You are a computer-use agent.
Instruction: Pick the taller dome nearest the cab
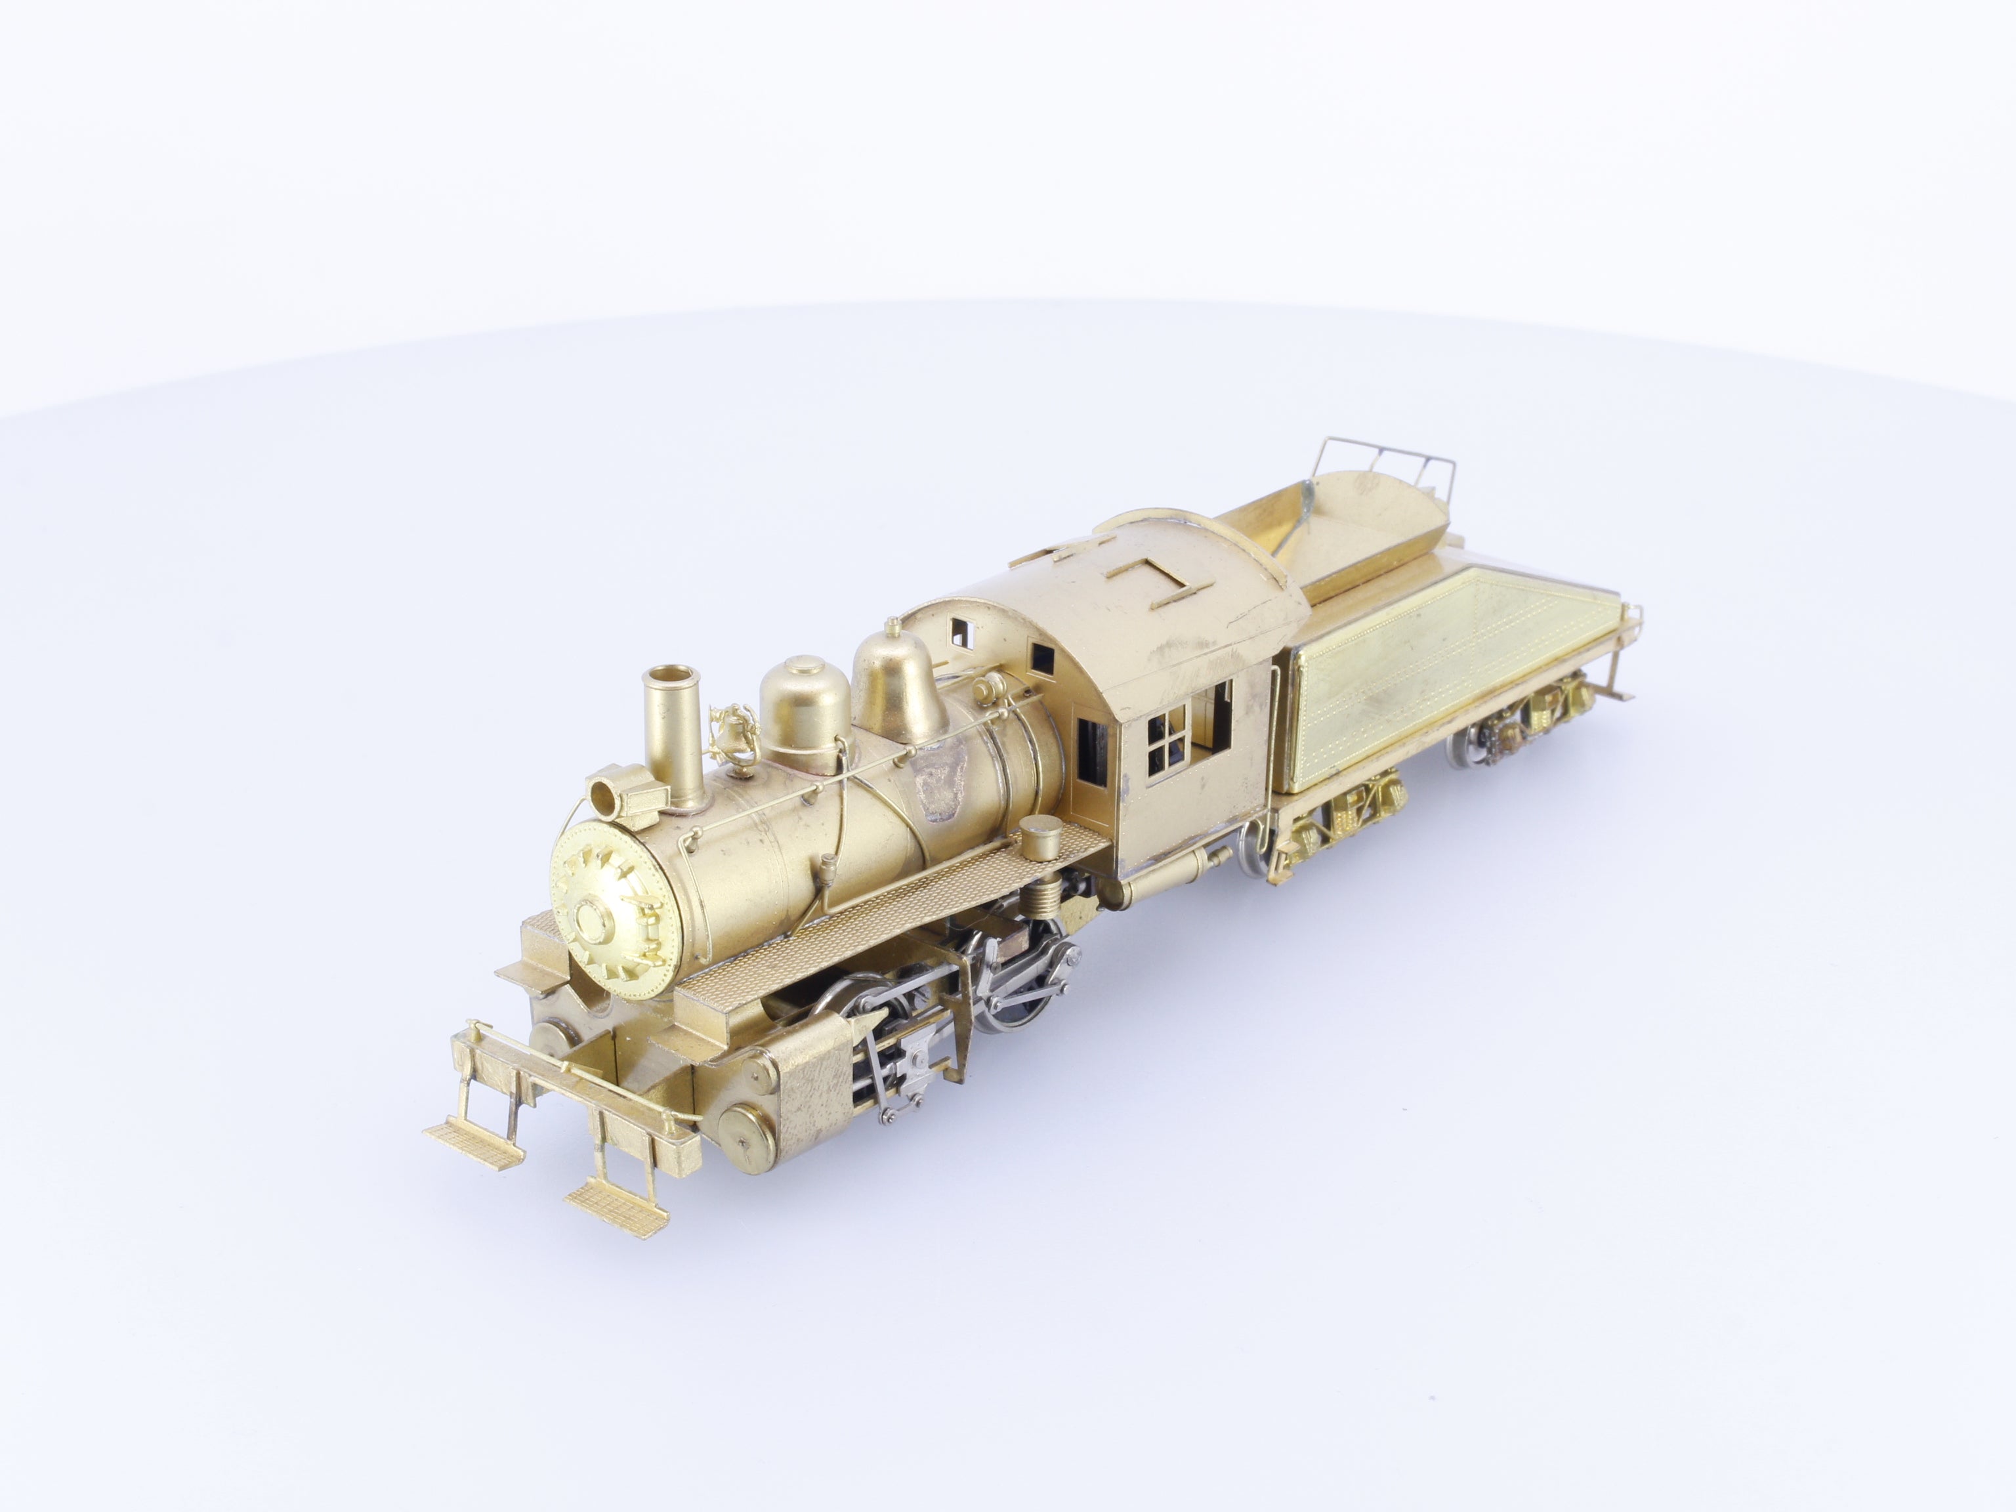pos(889,675)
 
